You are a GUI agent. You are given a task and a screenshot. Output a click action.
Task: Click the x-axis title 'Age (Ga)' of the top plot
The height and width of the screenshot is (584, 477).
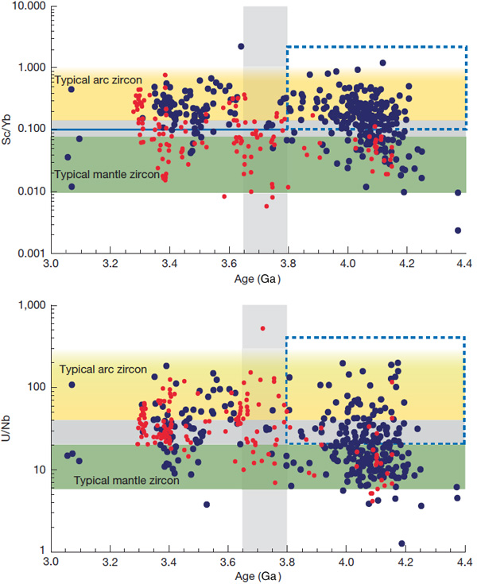[x=258, y=280]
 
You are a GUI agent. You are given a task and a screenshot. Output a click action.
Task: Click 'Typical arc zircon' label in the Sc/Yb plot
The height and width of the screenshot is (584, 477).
[x=99, y=79]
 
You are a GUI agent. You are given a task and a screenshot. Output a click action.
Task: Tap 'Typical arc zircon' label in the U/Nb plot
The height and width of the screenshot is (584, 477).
[x=103, y=369]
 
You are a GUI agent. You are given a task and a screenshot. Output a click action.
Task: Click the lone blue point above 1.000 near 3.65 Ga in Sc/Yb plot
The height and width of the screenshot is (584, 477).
[x=241, y=47]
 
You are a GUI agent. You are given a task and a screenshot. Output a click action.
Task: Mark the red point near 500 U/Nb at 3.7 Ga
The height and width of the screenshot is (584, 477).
[x=263, y=328]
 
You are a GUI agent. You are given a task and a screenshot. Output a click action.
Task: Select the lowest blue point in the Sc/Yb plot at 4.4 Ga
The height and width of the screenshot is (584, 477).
[x=458, y=230]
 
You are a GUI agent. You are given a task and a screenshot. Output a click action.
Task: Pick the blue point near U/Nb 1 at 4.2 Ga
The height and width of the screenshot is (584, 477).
[x=402, y=543]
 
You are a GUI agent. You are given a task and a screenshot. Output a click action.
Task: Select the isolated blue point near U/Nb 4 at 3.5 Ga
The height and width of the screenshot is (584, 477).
[x=207, y=505]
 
